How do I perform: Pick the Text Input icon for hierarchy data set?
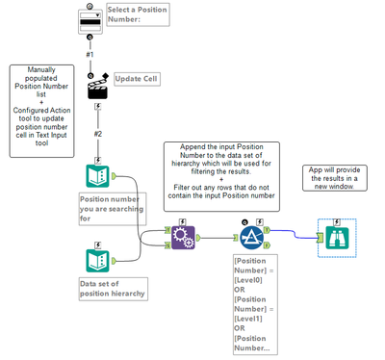(97, 259)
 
